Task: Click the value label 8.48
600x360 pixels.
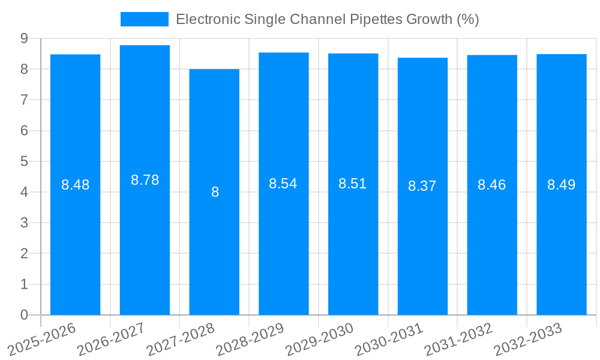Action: tap(75, 185)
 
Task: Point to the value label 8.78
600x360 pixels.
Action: tap(145, 180)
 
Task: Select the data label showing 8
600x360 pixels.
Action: tap(215, 193)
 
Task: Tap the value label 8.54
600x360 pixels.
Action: tap(283, 184)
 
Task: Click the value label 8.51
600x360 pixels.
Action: tap(353, 184)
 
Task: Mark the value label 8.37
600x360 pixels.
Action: tap(422, 186)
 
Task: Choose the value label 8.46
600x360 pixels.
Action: tap(492, 185)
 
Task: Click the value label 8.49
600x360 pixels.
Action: tap(562, 185)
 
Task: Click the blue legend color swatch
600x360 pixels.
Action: tap(145, 19)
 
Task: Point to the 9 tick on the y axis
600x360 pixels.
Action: tap(24, 38)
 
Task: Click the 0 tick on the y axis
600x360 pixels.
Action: tap(24, 315)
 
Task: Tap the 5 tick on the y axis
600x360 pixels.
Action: tap(24, 161)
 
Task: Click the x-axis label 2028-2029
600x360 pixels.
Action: tap(250, 340)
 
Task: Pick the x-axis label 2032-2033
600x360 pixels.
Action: tap(528, 340)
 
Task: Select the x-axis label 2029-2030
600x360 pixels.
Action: tap(320, 340)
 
